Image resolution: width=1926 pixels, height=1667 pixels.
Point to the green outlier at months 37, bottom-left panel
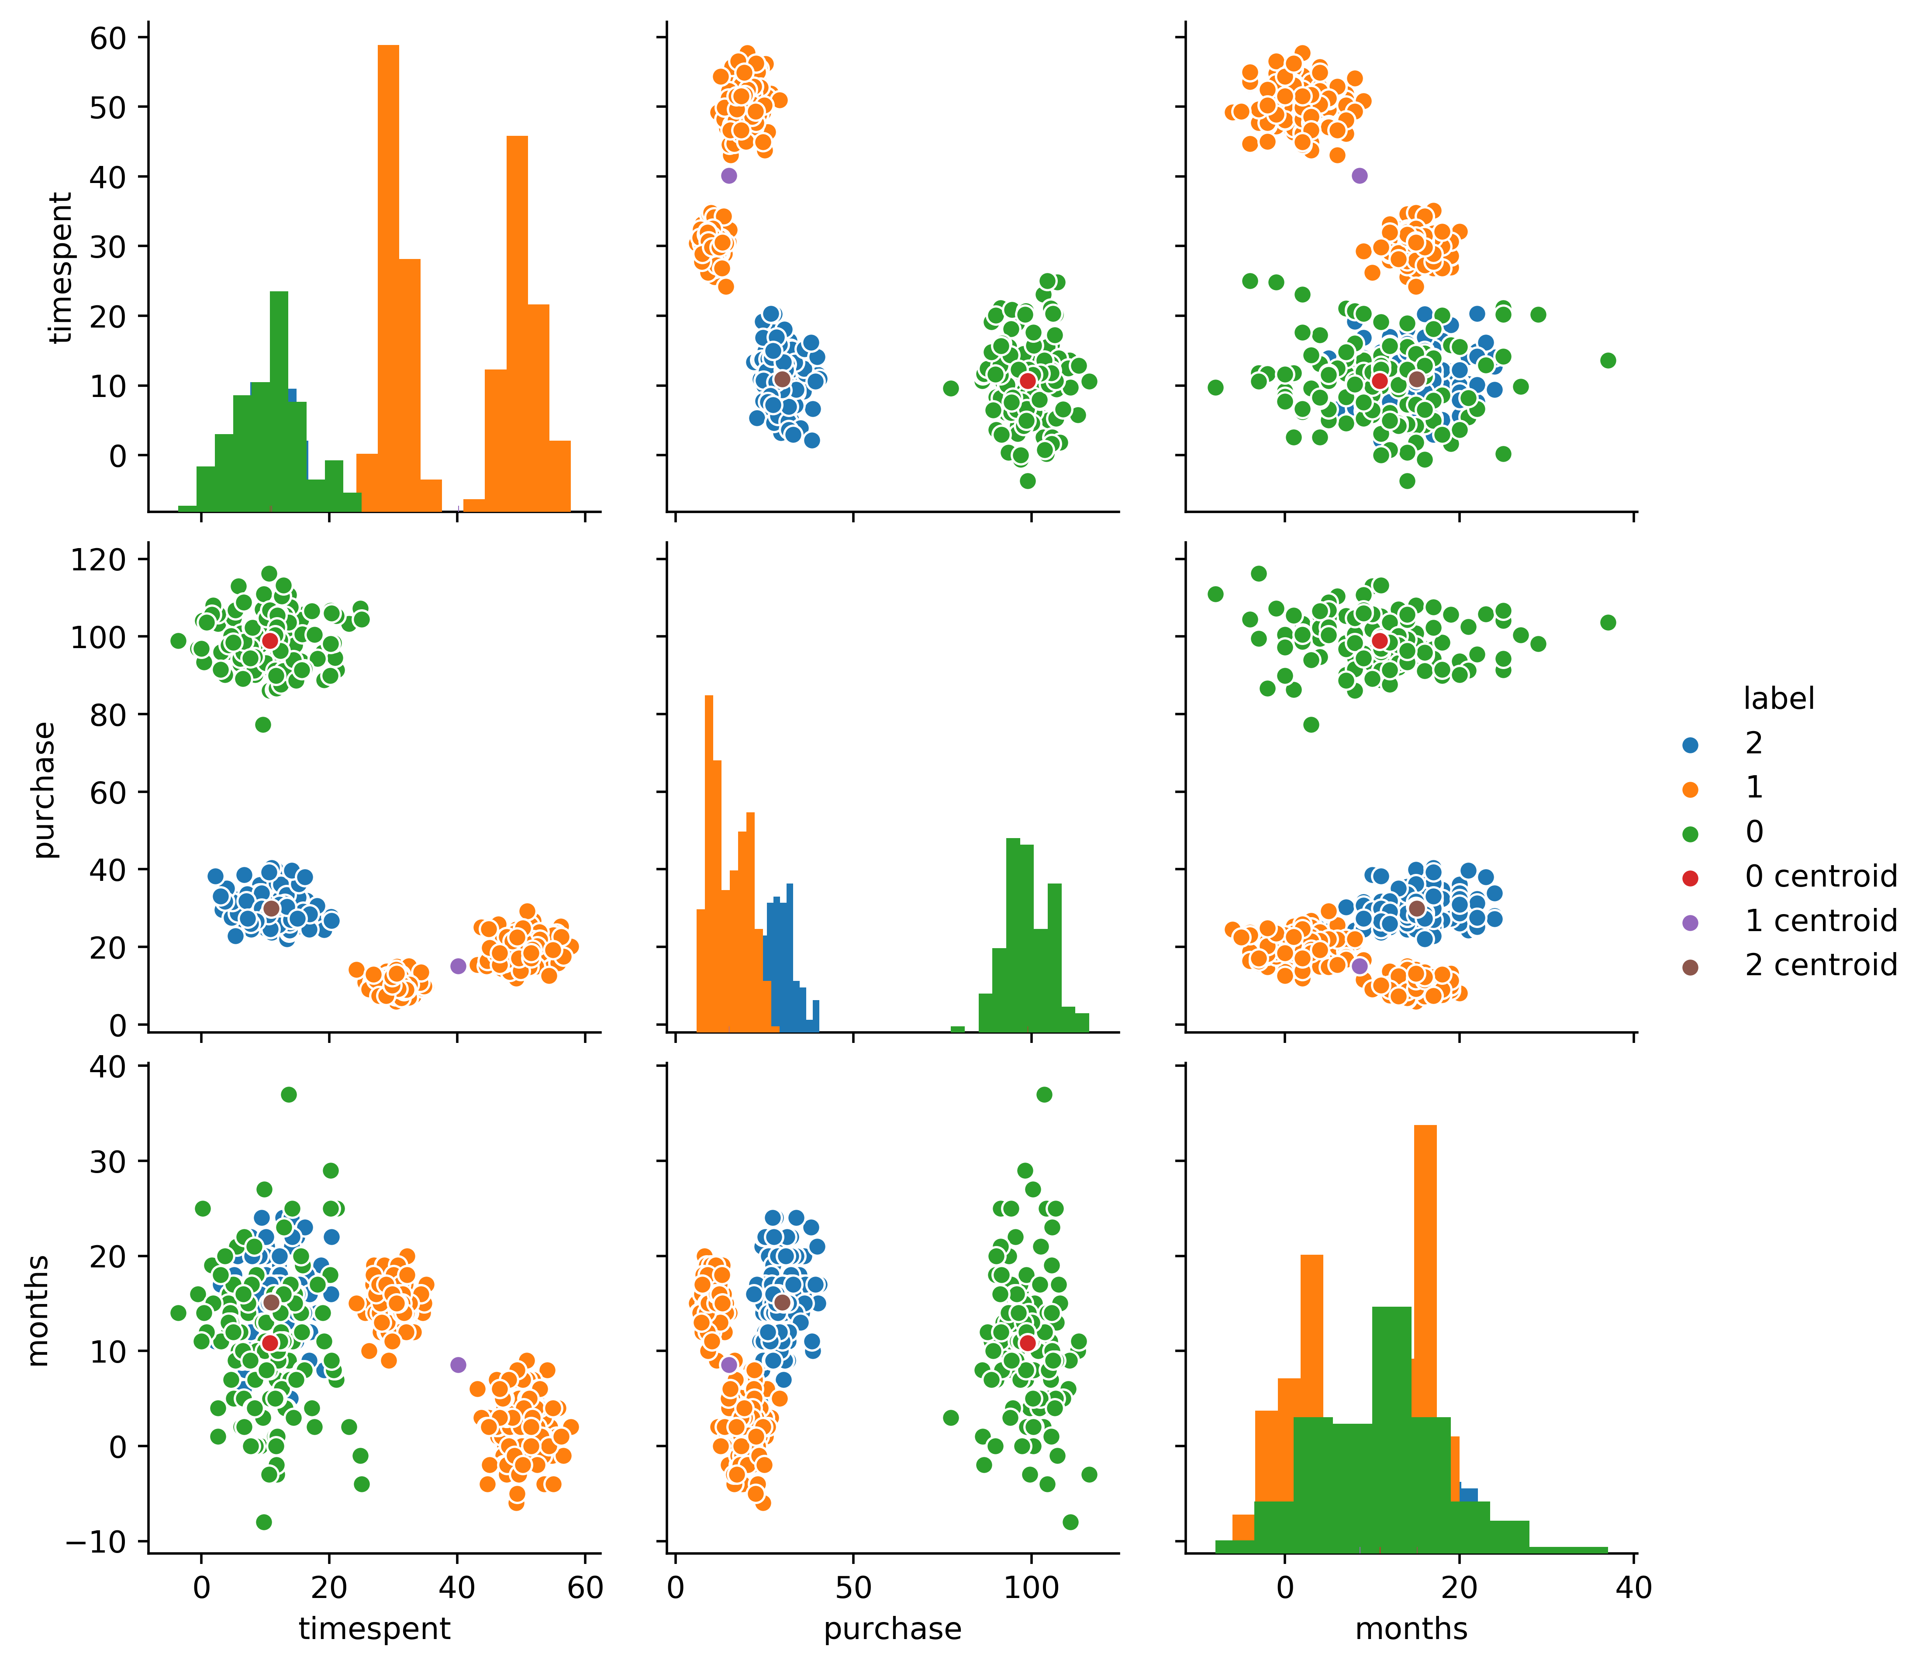click(288, 1095)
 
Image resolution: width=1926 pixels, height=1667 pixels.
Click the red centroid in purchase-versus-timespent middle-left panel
click(270, 641)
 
